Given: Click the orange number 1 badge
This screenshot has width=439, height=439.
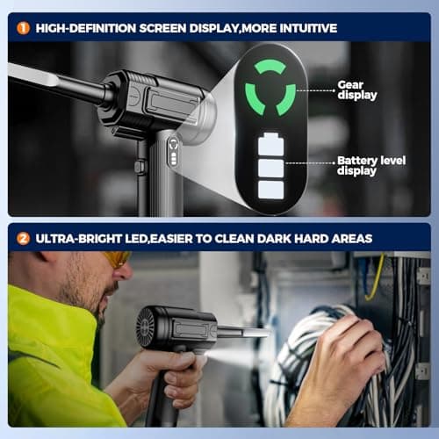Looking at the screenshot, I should (x=22, y=27).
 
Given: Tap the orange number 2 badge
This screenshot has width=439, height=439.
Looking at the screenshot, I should (x=22, y=238).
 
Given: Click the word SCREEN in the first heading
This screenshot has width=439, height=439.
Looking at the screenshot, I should (x=175, y=28).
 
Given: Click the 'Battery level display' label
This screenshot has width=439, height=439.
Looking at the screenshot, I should (x=370, y=166).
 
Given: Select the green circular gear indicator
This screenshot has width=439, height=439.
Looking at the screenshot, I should (x=270, y=88).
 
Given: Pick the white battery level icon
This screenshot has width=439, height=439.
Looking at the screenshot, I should (x=270, y=167).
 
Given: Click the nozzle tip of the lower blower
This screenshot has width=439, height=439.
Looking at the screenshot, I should (x=263, y=333).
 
